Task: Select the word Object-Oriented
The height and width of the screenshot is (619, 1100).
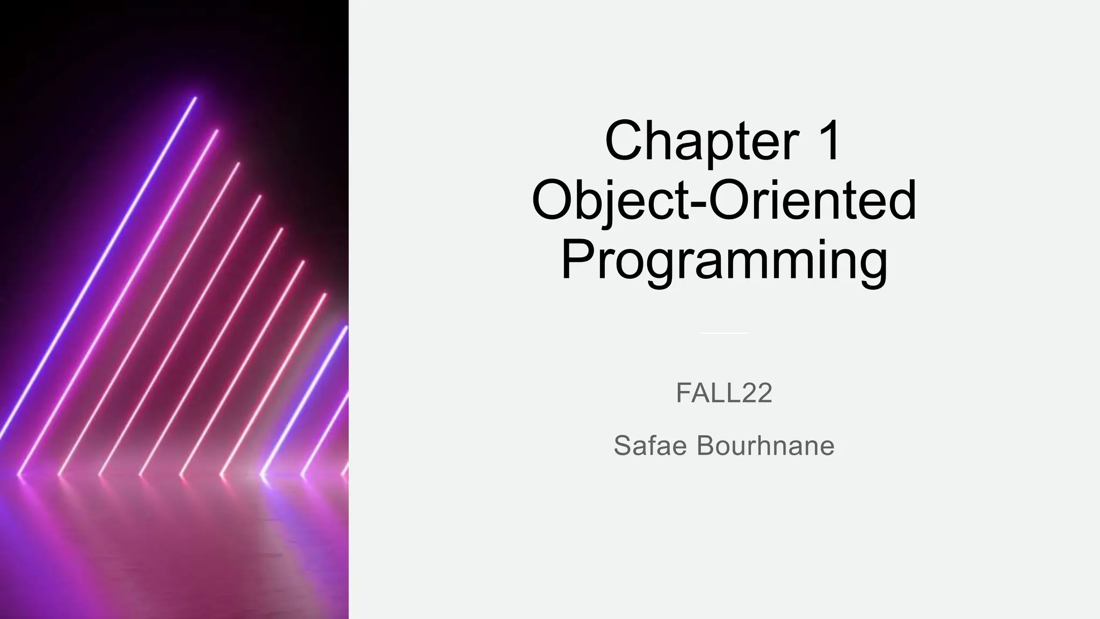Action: coord(724,200)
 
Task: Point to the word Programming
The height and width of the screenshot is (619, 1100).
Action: coord(724,261)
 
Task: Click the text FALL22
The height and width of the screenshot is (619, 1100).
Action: coord(724,393)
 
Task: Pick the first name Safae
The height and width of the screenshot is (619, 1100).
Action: coord(650,445)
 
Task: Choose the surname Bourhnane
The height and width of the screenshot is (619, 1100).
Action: coord(765,445)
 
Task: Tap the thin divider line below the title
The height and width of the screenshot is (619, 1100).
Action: coord(724,333)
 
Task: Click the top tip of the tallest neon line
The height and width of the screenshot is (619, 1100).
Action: coord(195,98)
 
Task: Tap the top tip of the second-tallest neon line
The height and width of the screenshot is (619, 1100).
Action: coord(217,131)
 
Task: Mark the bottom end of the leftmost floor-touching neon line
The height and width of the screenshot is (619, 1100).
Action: coord(19,474)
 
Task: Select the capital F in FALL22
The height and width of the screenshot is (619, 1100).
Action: coord(684,393)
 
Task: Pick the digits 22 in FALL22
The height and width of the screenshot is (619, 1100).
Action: coord(757,393)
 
